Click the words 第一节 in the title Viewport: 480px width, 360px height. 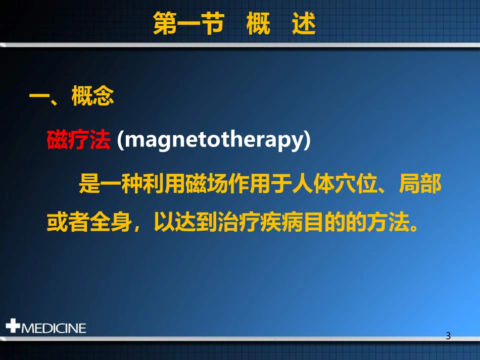click(187, 24)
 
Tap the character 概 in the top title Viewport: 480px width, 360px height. click(258, 24)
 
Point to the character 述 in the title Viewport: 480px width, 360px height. click(304, 24)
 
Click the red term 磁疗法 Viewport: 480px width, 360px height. click(78, 140)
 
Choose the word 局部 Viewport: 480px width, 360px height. click(420, 185)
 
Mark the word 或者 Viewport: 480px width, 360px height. click(68, 222)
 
